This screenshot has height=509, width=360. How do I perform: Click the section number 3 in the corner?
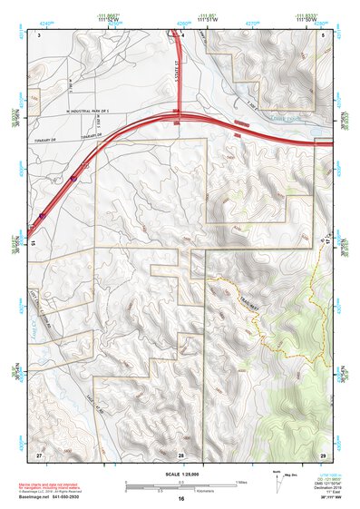40,34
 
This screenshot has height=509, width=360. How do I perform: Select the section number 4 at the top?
182,34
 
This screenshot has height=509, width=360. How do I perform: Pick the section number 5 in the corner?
323,34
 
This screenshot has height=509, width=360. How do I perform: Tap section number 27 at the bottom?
39,453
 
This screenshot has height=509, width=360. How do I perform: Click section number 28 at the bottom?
181,453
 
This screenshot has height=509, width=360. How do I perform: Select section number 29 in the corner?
323,453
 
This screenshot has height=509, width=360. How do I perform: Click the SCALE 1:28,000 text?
180,474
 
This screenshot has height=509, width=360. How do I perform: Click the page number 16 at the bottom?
181,500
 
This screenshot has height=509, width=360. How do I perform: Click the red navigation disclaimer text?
55,485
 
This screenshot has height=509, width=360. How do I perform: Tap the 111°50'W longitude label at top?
306,19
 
